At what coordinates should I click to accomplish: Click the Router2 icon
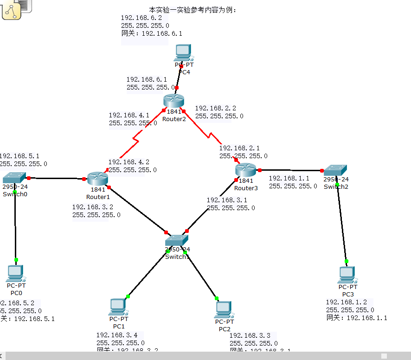click(173, 101)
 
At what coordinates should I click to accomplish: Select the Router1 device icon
click(97, 178)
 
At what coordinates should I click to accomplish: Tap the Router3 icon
click(245, 170)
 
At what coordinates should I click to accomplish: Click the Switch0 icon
click(14, 178)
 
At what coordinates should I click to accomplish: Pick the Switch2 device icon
click(335, 170)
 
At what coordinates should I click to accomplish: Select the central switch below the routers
click(177, 240)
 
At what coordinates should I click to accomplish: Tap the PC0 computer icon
click(16, 273)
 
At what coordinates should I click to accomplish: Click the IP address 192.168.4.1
click(129, 115)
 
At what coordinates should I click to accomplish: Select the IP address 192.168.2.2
click(215, 108)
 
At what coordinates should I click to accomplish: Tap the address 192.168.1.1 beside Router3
click(289, 178)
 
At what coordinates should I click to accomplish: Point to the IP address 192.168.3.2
click(92, 207)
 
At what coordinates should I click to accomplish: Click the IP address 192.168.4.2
click(128, 162)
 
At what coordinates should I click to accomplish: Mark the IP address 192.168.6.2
click(141, 18)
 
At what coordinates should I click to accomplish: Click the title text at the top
click(193, 9)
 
